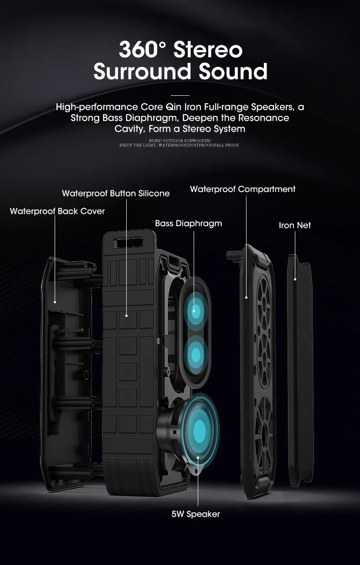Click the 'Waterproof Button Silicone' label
pos(116,193)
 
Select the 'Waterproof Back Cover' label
pos(57,211)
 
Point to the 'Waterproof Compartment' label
pos(242,189)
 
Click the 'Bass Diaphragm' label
pos(188,223)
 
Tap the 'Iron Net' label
pos(294,225)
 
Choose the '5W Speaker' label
pos(195,514)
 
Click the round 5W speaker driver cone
pos(199,429)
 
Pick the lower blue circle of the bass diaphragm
pos(196,354)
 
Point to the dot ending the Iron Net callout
pos(295,279)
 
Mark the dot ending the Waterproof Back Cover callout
pos(55,301)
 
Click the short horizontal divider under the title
pos(180,95)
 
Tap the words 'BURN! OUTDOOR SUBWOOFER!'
pos(180,140)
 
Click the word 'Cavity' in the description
pos(130,129)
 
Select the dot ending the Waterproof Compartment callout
pos(246,297)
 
